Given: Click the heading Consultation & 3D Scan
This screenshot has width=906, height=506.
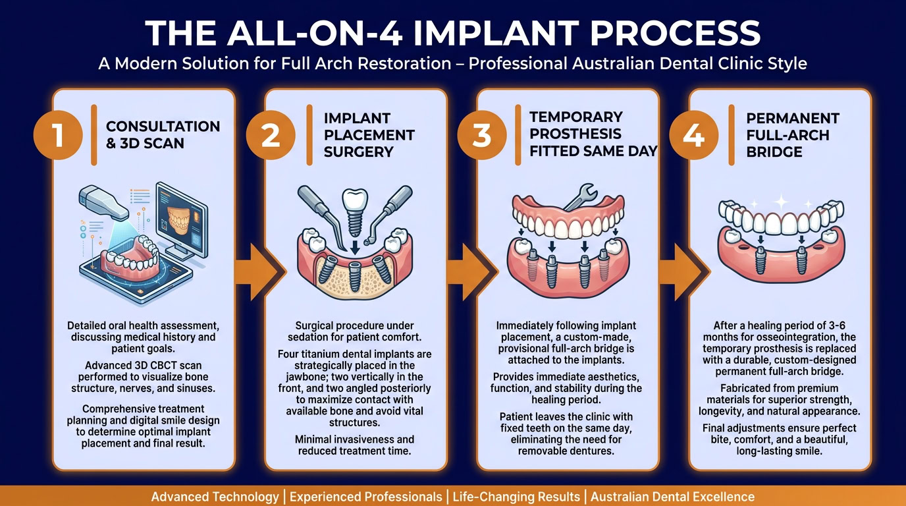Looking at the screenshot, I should pos(163,134).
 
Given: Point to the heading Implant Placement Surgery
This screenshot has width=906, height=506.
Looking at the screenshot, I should pos(369,134).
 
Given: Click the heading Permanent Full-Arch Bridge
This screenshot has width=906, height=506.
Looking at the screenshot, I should pos(793,134).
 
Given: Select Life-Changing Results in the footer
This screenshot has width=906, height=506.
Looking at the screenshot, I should pos(516,496).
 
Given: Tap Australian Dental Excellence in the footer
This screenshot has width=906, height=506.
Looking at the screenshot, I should pos(672,496).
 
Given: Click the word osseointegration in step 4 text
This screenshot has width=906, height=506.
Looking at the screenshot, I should pos(787,337).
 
